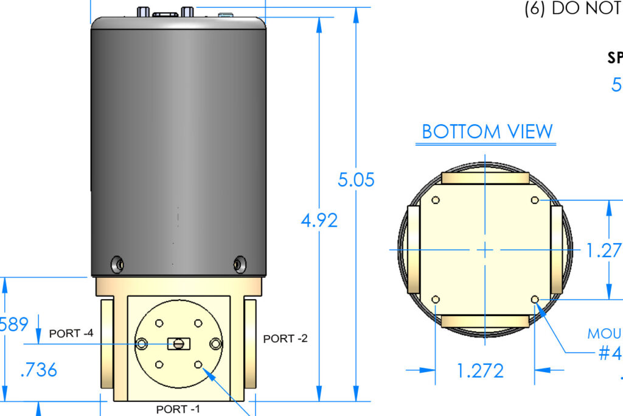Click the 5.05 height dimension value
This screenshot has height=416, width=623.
tap(357, 180)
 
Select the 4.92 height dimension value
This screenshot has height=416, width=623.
tap(319, 220)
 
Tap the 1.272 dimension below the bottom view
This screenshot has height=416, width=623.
tap(481, 370)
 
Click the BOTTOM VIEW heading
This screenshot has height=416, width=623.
tap(487, 132)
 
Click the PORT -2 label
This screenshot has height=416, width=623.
tap(285, 339)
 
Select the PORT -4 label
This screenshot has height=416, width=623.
tap(71, 333)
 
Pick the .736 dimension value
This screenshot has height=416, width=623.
tap(39, 369)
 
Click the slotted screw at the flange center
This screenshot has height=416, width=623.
tap(178, 344)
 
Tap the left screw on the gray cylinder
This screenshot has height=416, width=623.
tap(117, 264)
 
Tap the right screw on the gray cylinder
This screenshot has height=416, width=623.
tap(239, 264)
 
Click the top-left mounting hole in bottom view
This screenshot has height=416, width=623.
tap(436, 200)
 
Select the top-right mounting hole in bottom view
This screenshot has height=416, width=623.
tap(535, 200)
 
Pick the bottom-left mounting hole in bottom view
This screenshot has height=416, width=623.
tap(436, 299)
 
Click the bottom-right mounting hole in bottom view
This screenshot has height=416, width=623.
tap(535, 299)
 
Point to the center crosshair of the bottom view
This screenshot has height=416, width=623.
tap(485, 250)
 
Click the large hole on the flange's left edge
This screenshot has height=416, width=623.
tap(142, 344)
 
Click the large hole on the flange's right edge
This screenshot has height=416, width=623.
tap(215, 344)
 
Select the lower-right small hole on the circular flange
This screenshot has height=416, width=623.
tap(198, 364)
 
